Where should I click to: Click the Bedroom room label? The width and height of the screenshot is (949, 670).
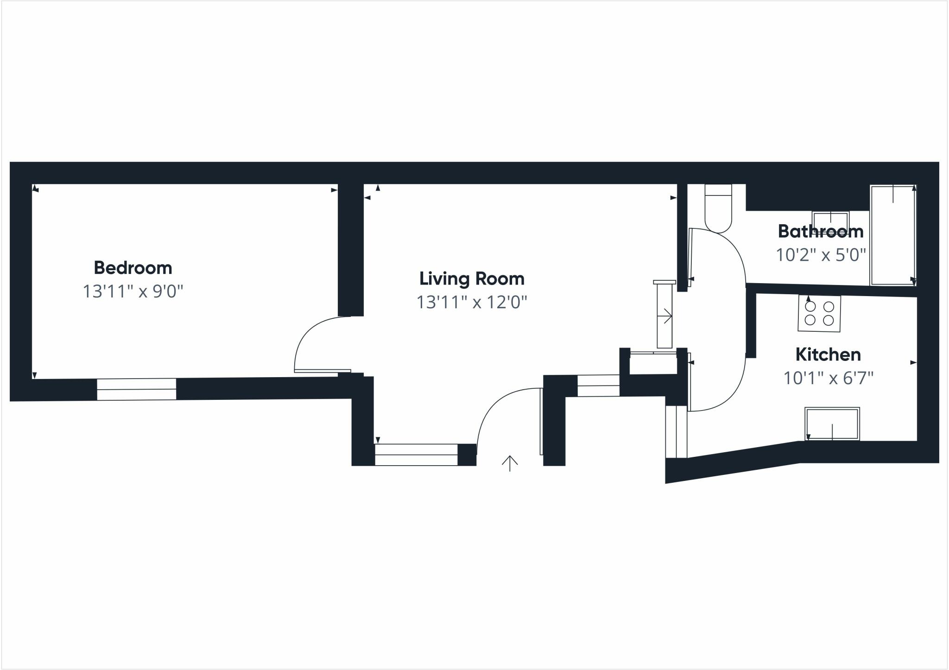133,268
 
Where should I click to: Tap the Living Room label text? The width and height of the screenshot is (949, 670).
472,278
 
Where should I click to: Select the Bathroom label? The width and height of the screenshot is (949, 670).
820,231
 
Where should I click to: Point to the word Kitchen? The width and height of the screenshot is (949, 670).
828,354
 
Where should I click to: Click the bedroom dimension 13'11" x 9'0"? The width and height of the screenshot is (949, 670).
133,291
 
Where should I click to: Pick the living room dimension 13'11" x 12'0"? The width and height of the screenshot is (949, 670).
472,302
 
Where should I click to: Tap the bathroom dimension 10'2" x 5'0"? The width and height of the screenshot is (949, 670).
821,255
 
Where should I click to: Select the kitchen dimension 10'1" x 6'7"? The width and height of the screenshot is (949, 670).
828,378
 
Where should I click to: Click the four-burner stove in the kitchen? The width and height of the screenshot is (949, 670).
819,314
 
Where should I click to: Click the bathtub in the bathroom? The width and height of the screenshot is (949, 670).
893,235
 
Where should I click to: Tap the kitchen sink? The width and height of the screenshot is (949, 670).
832,423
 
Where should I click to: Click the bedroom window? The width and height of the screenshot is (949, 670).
137,389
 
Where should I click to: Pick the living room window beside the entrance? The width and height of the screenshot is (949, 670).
416,455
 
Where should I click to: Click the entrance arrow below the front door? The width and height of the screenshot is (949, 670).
510,463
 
